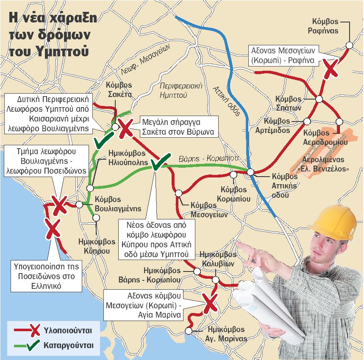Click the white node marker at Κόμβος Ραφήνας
coord(350,45)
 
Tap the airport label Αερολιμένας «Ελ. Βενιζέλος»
coord(324,165)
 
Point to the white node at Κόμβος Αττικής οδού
coord(250,172)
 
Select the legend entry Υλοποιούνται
coord(68,330)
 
